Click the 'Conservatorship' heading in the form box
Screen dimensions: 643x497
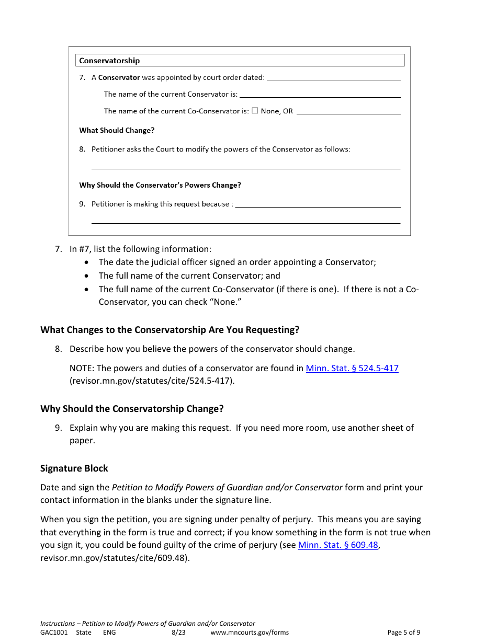point(109,61)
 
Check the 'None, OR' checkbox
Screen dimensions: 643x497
point(255,111)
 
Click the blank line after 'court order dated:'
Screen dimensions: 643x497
point(333,78)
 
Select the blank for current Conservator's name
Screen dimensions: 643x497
point(320,95)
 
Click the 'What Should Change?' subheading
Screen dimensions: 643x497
point(117,130)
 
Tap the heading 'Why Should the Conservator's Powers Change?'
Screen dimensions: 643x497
point(160,185)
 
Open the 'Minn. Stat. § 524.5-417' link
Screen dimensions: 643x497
point(352,368)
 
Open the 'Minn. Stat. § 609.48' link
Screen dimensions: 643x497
point(337,545)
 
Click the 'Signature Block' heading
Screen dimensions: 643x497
point(74,468)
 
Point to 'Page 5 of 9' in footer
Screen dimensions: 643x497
point(403,632)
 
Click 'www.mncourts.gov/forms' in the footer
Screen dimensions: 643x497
point(250,632)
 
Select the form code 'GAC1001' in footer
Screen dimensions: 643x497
point(54,632)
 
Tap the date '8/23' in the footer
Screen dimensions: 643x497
point(178,632)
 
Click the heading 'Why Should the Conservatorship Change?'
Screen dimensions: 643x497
point(132,409)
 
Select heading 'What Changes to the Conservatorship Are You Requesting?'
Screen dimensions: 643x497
point(170,330)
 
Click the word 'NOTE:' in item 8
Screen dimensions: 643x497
point(82,368)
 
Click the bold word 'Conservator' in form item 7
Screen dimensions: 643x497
point(119,77)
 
